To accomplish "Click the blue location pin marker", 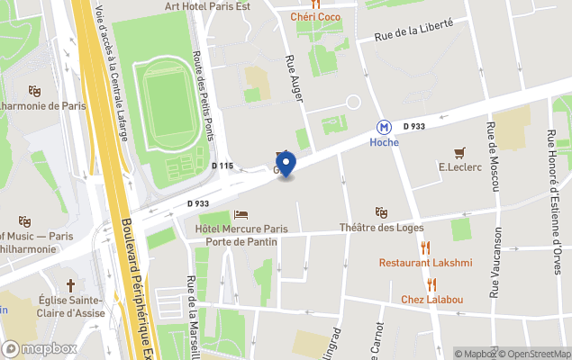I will click(x=286, y=164).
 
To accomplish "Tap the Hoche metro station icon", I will click(x=385, y=128).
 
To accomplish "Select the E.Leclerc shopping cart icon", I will click(x=460, y=152).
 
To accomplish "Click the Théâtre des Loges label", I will click(x=381, y=227).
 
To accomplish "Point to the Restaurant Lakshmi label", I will click(x=425, y=263).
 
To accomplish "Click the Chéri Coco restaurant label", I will click(x=314, y=16).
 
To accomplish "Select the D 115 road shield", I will click(x=222, y=166).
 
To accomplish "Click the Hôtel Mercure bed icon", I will click(x=241, y=214).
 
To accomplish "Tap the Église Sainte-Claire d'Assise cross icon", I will click(x=70, y=283).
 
